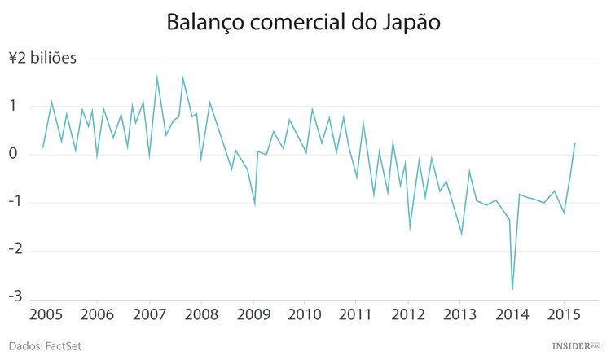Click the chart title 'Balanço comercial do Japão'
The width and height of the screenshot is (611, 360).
(x=305, y=23)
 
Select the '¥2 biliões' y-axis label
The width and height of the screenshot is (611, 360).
(x=42, y=59)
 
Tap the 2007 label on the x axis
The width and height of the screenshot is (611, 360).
(x=148, y=315)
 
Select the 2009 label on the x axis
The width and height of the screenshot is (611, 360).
(x=253, y=315)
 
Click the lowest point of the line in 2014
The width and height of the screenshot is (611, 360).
(x=512, y=290)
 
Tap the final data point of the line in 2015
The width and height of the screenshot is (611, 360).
(x=575, y=143)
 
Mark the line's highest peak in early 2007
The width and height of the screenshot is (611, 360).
(x=156, y=77)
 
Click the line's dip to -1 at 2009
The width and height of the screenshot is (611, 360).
(x=255, y=204)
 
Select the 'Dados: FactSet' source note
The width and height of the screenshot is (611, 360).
(x=46, y=346)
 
